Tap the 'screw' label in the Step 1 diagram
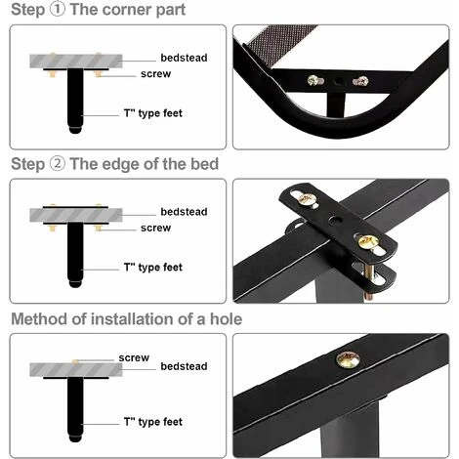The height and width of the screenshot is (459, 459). click(156, 75)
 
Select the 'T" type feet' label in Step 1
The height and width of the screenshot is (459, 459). click(153, 113)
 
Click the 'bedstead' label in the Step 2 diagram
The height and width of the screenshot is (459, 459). click(184, 211)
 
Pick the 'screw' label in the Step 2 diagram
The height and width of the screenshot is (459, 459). click(156, 228)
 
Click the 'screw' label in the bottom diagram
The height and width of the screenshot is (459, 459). click(134, 357)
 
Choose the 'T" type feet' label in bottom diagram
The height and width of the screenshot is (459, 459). click(153, 422)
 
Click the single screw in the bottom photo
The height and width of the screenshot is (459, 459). click(347, 358)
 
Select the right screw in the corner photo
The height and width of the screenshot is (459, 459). click(360, 82)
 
